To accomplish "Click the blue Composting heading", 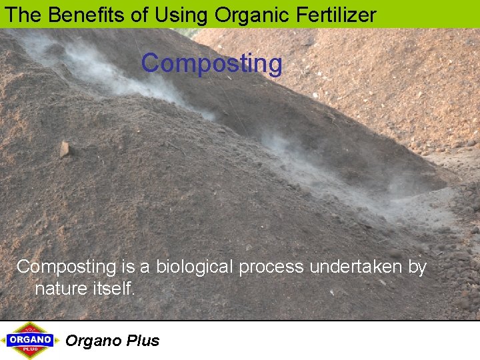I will (211, 64).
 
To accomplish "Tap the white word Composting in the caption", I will (66, 267).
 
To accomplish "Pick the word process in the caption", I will (270, 267).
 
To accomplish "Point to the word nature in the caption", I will (61, 289).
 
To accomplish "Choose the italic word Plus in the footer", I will (143, 341).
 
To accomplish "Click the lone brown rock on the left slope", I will (65, 149).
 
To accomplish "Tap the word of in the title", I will (139, 15).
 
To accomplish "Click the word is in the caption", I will (128, 267).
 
